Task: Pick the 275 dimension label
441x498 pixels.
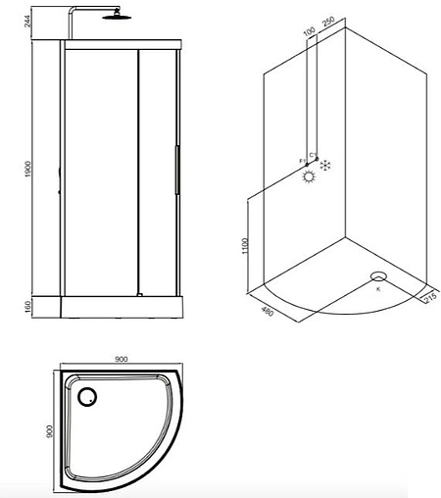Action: (x=429, y=298)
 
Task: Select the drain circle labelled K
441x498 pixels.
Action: (x=377, y=276)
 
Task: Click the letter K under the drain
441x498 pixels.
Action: (x=378, y=289)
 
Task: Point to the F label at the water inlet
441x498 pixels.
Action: (x=300, y=161)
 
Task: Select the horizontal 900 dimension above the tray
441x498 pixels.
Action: (x=121, y=360)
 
